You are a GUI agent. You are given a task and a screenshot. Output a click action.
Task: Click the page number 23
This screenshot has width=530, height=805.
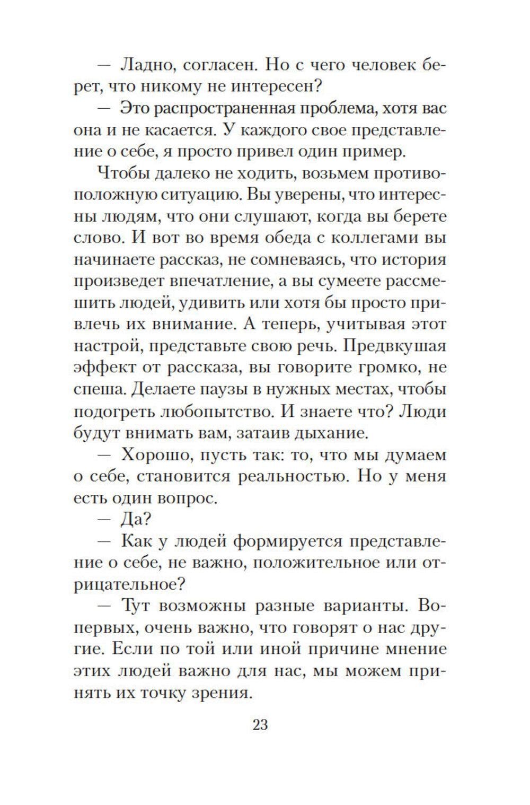pyautogui.click(x=260, y=724)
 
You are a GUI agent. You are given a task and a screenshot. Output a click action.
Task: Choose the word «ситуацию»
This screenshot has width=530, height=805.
pyautogui.click(x=198, y=195)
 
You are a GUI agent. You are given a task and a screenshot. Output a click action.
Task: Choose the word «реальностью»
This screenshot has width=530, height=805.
pyautogui.click(x=294, y=476)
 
